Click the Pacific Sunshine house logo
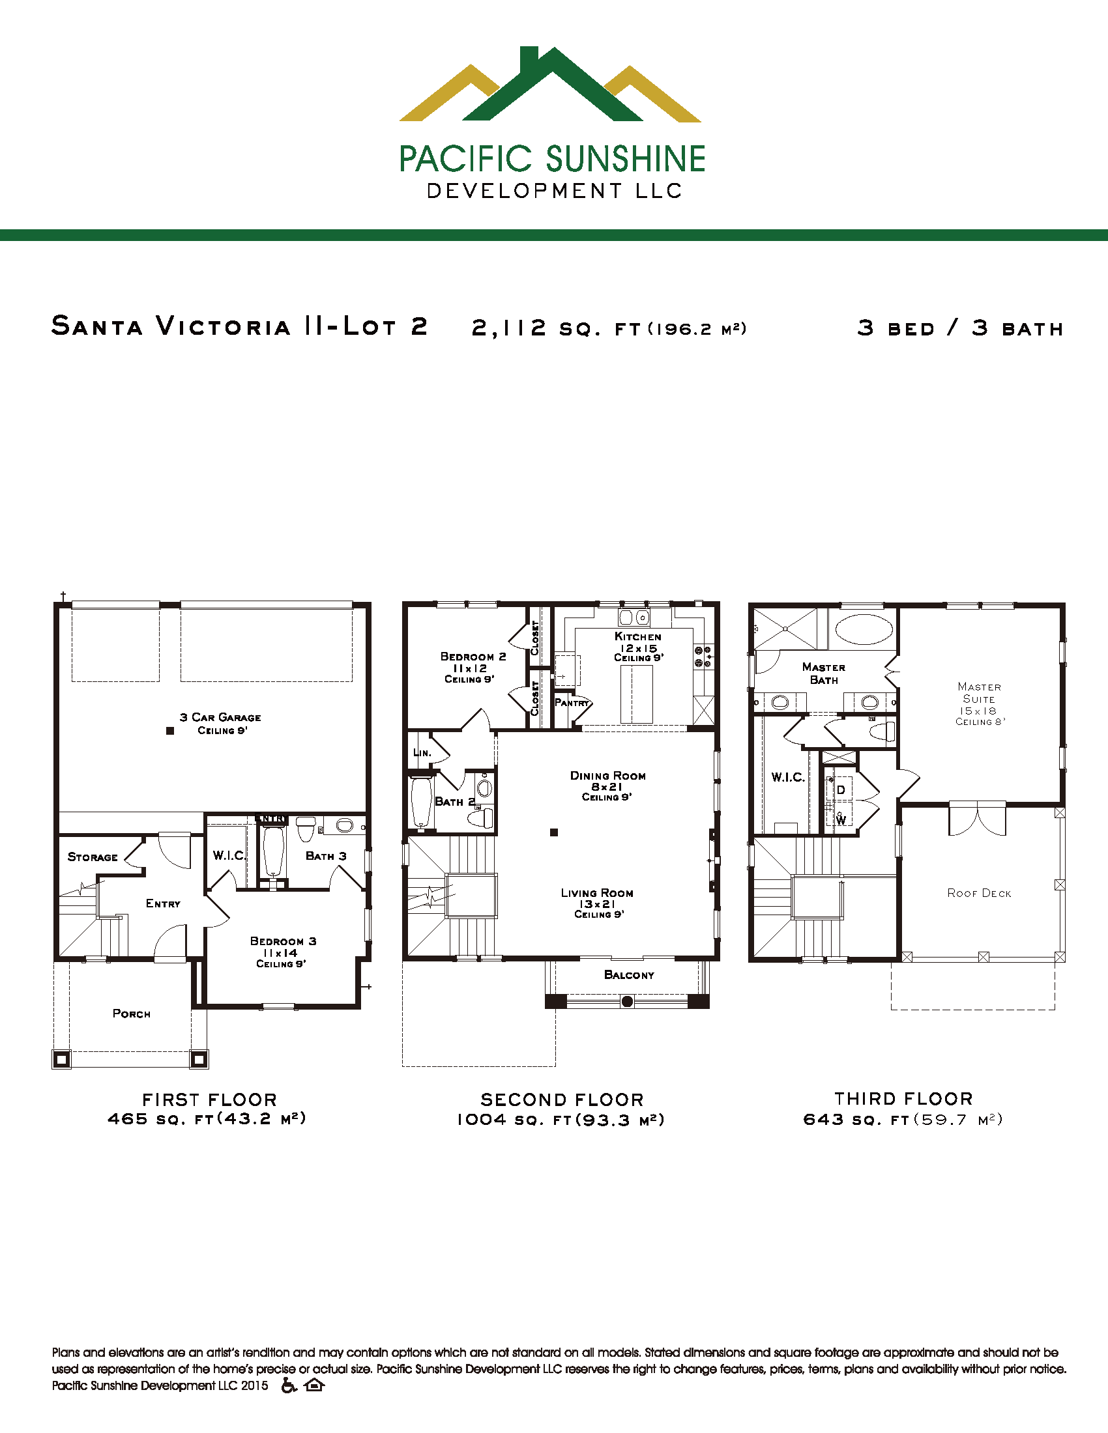click(x=550, y=85)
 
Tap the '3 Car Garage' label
click(x=220, y=717)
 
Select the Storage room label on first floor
click(x=93, y=857)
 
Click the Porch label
click(x=131, y=1014)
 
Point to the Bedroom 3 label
click(x=283, y=941)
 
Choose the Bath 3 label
click(x=326, y=856)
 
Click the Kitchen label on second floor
click(x=637, y=636)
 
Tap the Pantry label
click(x=572, y=703)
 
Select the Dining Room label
click(x=608, y=776)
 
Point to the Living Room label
click(x=596, y=893)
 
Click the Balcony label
click(x=629, y=975)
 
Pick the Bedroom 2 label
click(x=473, y=656)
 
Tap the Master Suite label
click(x=979, y=693)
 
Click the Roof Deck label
click(x=979, y=893)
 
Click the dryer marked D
click(x=840, y=789)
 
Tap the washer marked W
click(x=841, y=818)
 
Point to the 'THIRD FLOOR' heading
click(x=903, y=1098)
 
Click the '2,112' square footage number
click(x=509, y=328)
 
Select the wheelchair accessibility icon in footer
click(x=289, y=1385)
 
